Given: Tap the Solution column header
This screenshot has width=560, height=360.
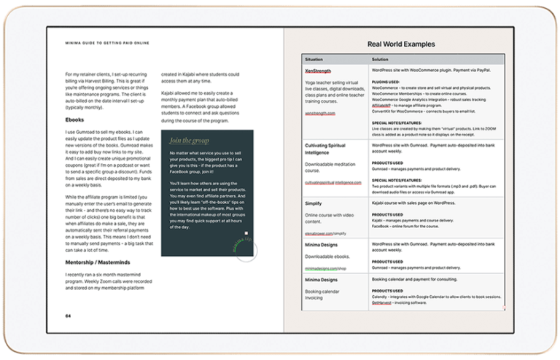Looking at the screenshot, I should (x=380, y=58).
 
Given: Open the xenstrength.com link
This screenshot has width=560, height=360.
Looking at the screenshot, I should (x=320, y=114).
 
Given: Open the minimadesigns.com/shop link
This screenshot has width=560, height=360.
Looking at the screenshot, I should (x=326, y=268).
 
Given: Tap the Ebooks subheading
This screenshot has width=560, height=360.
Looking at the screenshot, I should (x=74, y=120).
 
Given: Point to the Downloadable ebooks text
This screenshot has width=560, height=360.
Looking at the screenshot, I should (x=330, y=257).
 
